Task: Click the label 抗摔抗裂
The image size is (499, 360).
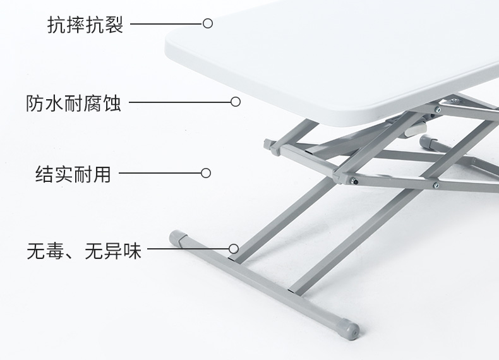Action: (85, 25)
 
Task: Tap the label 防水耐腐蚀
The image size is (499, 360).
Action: (73, 102)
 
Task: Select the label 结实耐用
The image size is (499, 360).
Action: (73, 174)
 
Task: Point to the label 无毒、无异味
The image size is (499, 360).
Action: (83, 251)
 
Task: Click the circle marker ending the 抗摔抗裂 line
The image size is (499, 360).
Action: (208, 24)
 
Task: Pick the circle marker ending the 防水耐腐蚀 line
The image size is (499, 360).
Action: (236, 102)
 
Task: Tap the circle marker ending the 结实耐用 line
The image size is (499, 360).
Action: (205, 173)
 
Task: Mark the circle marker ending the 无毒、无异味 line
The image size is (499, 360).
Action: (234, 249)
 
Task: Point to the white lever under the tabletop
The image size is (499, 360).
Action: (411, 131)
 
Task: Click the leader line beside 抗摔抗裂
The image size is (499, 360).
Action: (164, 24)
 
